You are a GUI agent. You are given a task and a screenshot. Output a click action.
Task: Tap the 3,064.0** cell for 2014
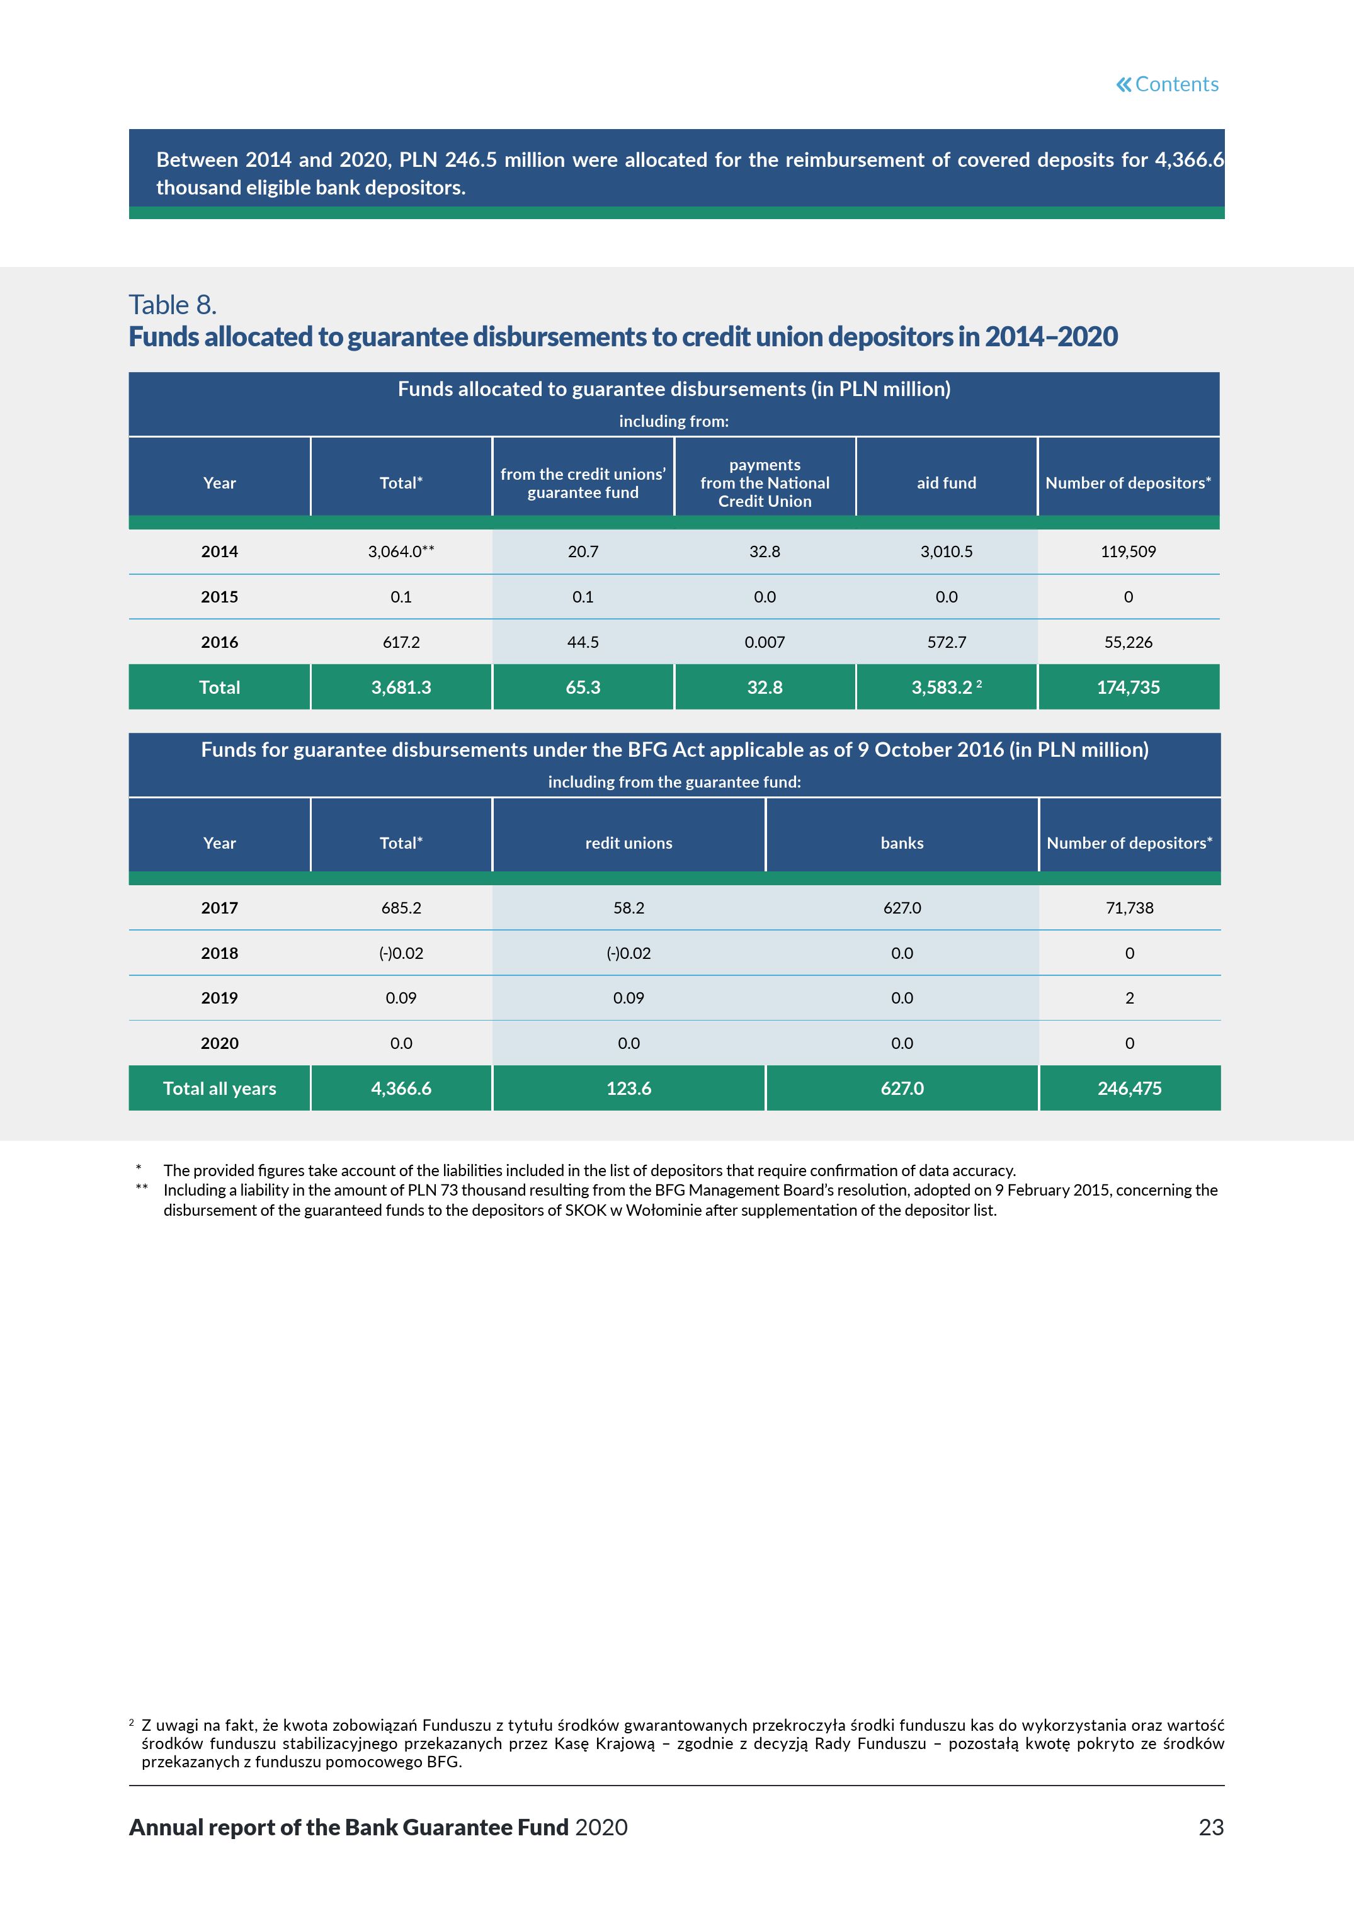coord(401,552)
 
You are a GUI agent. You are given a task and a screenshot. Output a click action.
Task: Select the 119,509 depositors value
coord(1128,552)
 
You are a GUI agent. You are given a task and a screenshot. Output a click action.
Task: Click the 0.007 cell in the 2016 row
coord(765,642)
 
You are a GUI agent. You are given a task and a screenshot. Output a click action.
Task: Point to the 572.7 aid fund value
coord(947,642)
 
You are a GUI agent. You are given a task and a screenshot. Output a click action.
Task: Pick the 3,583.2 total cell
coord(947,688)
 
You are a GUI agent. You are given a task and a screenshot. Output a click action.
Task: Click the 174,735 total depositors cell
coord(1128,688)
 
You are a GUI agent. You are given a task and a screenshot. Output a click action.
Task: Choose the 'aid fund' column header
coord(947,483)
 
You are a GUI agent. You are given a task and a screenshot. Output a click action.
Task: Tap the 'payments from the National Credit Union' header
coord(765,483)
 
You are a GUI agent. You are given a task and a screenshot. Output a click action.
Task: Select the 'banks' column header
coord(902,843)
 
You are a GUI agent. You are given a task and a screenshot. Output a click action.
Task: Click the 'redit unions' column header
coord(629,843)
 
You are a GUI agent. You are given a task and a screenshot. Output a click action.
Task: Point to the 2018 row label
coord(219,953)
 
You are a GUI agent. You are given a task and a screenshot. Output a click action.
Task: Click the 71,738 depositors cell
coord(1130,908)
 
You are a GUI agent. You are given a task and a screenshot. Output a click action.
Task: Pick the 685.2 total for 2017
coord(401,908)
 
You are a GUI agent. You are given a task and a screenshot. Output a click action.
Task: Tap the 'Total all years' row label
coord(219,1088)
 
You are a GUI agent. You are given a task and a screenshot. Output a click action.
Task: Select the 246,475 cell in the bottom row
coord(1130,1088)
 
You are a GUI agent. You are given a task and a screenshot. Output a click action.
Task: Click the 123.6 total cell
coord(629,1088)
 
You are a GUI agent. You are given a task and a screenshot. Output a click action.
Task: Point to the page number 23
coord(1210,1827)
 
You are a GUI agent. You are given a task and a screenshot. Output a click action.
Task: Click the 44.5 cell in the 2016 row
coord(583,642)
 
